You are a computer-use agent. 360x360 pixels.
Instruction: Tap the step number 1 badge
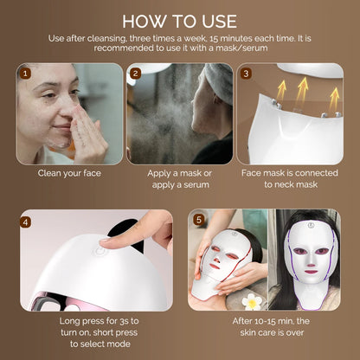(x=25, y=74)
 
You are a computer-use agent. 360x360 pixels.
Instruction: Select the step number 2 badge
(x=135, y=74)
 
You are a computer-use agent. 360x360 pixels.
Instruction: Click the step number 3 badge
(x=246, y=74)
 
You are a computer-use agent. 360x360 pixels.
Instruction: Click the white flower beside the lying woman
(x=254, y=301)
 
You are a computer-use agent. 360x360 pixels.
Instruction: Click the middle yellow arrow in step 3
(x=301, y=87)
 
